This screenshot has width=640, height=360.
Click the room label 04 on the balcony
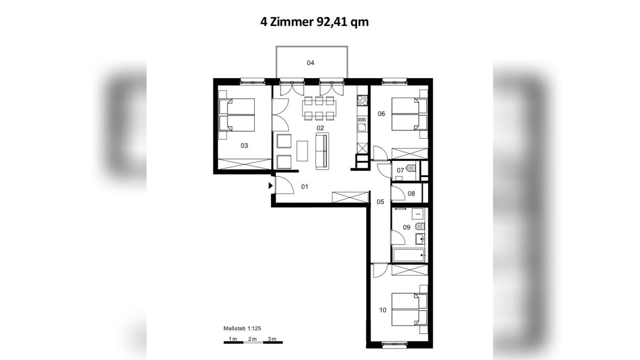(x=310, y=63)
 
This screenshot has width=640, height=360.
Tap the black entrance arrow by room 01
(x=270, y=186)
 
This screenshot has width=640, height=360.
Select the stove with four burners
(x=362, y=100)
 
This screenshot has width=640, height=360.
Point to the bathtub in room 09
(x=409, y=255)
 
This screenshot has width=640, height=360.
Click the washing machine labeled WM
(x=418, y=214)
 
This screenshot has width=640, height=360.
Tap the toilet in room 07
(x=411, y=168)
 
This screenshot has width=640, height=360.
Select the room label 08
(x=411, y=194)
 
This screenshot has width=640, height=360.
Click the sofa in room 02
(x=322, y=151)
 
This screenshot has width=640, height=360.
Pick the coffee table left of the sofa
(x=302, y=151)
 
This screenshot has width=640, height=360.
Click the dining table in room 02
(x=319, y=108)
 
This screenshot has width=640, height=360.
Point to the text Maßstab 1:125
(x=242, y=328)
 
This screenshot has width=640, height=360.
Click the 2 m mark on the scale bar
(x=252, y=339)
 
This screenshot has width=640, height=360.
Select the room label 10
(x=383, y=310)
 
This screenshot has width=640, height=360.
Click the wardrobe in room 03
(x=244, y=164)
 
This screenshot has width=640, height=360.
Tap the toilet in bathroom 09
(x=419, y=226)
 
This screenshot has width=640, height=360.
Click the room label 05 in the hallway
(x=380, y=202)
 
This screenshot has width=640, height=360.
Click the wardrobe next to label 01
(x=350, y=197)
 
